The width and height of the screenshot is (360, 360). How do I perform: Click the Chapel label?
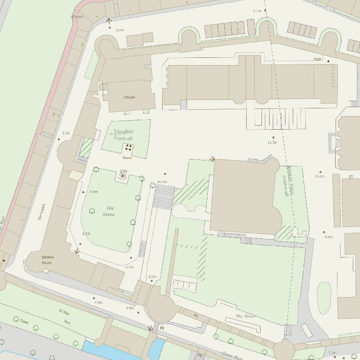click(129, 97)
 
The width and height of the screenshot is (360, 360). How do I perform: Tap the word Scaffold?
click(125, 132)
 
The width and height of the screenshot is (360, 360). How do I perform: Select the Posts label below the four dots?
click(127, 158)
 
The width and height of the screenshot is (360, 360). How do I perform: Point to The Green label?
click(109, 211)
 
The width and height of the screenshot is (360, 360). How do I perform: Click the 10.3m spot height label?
click(162, 182)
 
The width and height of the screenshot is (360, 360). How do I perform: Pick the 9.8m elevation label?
click(94, 192)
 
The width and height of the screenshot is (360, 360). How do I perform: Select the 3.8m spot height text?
click(130, 308)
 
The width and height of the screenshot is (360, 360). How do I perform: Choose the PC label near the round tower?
click(196, 316)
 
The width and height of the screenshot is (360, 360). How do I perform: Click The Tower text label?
click(245, 316)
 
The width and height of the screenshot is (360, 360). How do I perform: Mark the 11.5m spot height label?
click(272, 142)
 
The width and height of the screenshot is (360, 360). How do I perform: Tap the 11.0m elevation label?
click(319, 176)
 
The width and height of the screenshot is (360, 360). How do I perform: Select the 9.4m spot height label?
click(328, 237)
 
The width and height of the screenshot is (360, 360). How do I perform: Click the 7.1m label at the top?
click(257, 10)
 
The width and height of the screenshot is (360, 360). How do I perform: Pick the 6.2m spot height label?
click(120, 29)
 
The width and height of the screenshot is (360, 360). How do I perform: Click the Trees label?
click(24, 322)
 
